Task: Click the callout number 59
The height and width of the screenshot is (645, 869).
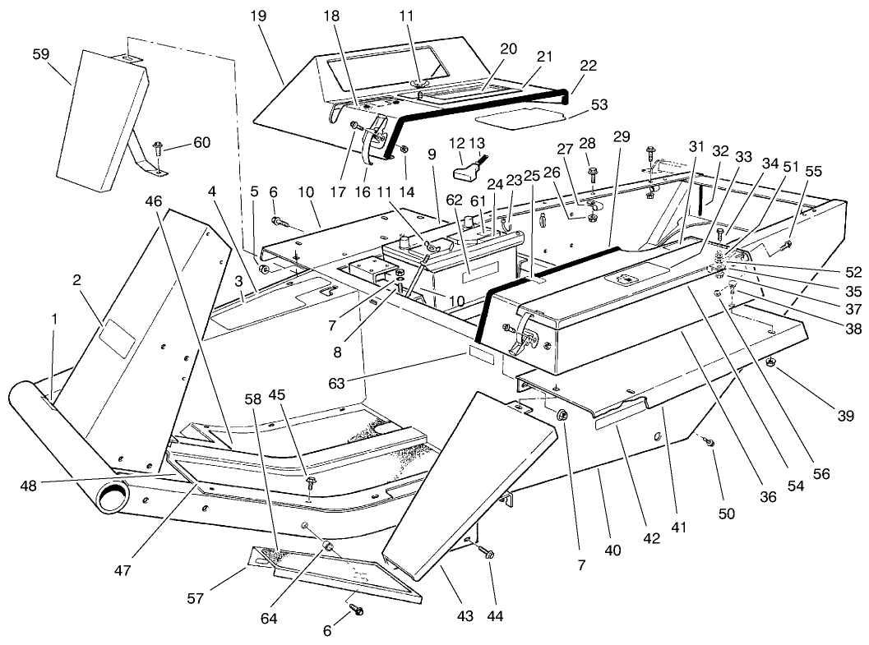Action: pos(40,53)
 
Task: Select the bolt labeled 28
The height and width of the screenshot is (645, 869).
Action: pos(590,173)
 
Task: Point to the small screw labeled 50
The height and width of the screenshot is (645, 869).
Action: pos(709,442)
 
